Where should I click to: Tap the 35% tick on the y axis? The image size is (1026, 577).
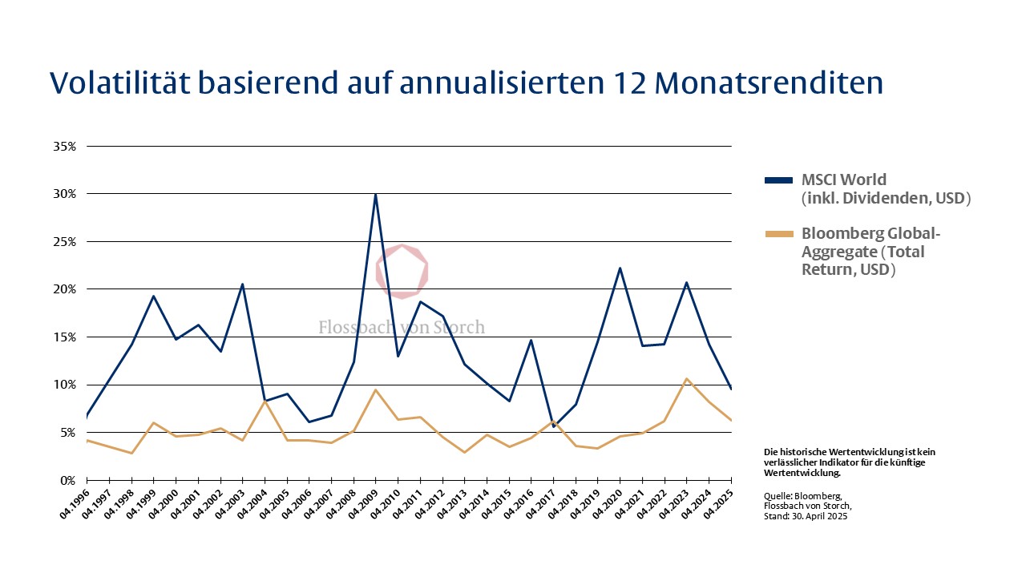tap(65, 147)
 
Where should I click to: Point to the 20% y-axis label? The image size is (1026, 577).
tap(65, 289)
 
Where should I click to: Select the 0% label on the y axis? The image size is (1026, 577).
tap(68, 480)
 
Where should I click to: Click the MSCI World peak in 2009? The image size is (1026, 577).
tap(375, 194)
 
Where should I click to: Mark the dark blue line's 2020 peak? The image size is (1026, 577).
tap(620, 268)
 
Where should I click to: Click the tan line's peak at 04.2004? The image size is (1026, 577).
tap(265, 401)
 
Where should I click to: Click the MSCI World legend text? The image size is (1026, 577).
tap(844, 180)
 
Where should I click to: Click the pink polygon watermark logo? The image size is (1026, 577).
tap(402, 271)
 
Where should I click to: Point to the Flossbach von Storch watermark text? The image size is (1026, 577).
tap(402, 327)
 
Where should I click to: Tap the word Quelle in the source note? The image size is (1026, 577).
tap(778, 496)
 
